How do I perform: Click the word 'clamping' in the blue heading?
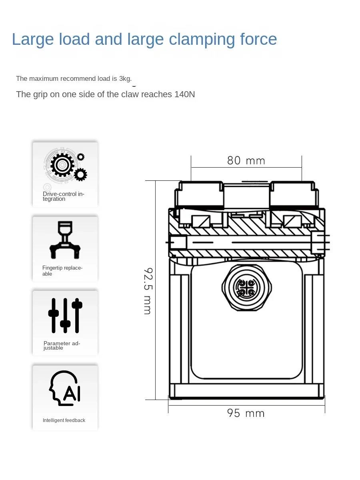202,40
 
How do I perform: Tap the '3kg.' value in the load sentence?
125,78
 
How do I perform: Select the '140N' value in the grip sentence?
184,94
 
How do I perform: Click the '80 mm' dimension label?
246,161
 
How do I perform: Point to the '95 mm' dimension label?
246,413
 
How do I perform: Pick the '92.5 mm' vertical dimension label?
148,291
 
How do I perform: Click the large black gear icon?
62,165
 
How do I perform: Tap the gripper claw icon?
65,240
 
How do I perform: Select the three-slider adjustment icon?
65,315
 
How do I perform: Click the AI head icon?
65,388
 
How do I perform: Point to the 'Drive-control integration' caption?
63,196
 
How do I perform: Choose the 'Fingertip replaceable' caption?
62,271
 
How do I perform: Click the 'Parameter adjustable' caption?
62,346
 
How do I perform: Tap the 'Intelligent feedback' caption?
64,420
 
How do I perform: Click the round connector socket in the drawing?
247,287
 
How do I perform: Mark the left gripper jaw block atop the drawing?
199,194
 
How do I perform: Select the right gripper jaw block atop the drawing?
294,194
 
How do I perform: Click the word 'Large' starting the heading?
33,39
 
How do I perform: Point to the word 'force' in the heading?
258,39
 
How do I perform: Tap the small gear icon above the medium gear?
81,157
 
